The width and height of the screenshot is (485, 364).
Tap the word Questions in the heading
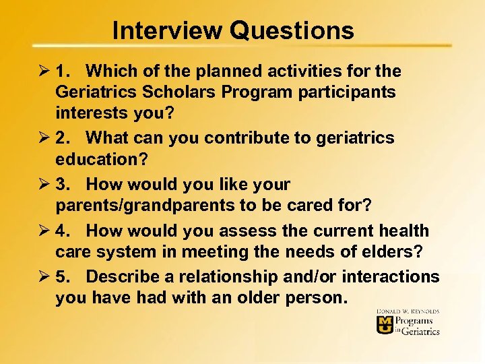pyautogui.click(x=292, y=30)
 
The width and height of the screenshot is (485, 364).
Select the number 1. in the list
pyautogui.click(x=65, y=71)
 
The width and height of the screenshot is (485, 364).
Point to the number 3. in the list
pyautogui.click(x=65, y=184)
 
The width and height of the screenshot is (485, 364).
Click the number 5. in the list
pyautogui.click(x=65, y=277)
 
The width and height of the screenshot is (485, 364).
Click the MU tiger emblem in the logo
pyautogui.click(x=385, y=326)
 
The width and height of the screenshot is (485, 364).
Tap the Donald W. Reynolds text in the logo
pyautogui.click(x=407, y=312)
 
